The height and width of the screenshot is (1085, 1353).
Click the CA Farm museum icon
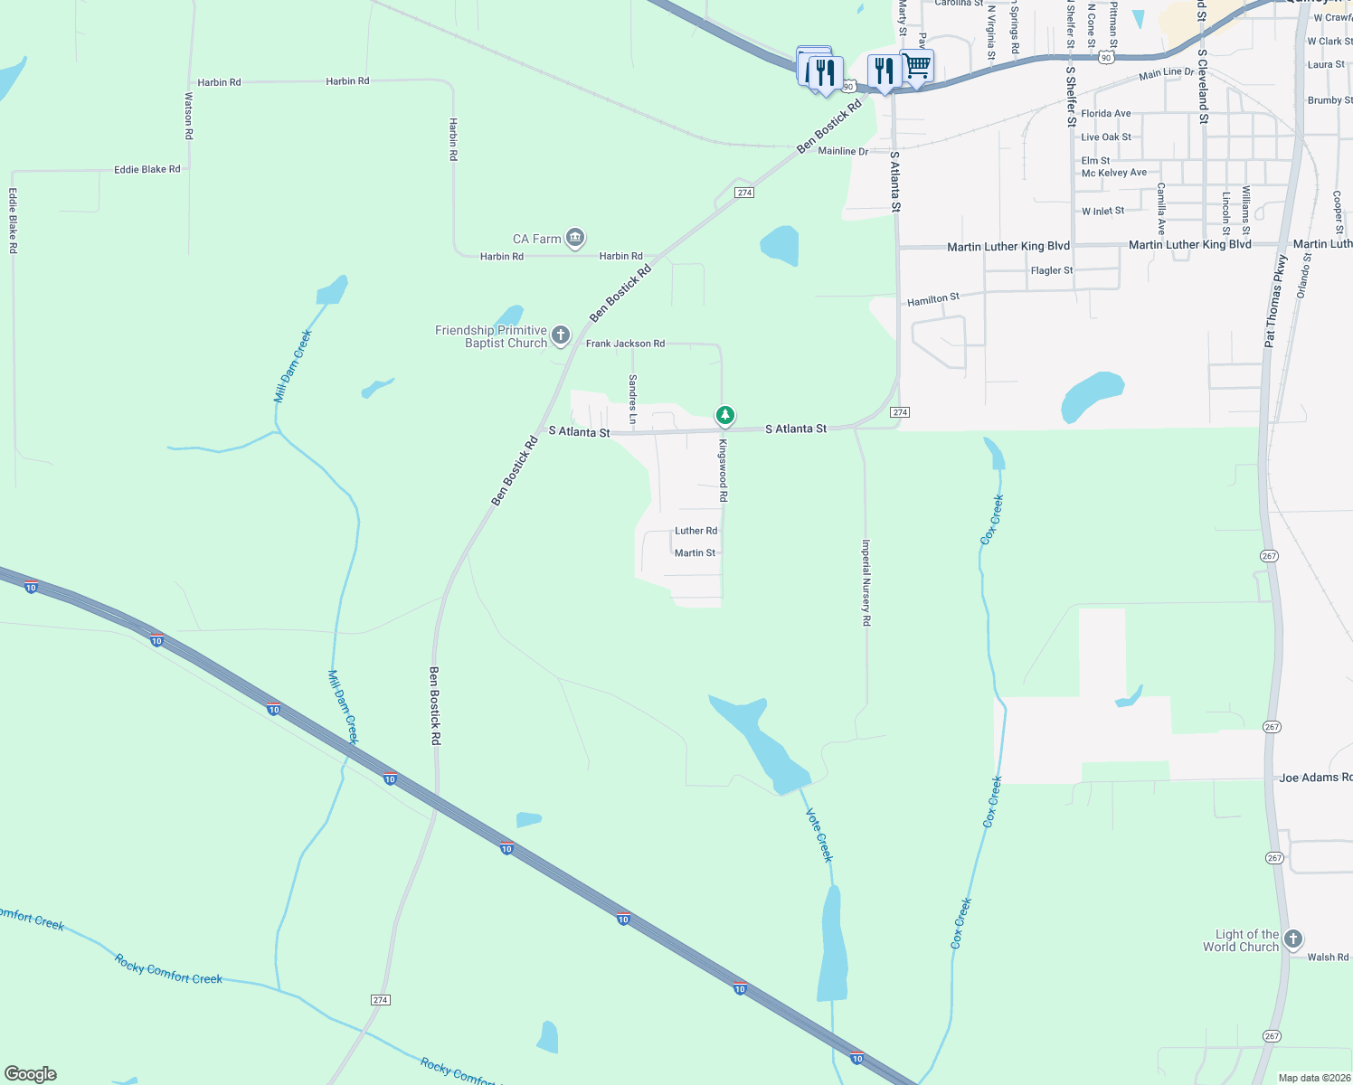point(575,239)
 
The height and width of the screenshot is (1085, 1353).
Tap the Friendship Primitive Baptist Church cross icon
point(561,336)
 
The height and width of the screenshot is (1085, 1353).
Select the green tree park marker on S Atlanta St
point(724,416)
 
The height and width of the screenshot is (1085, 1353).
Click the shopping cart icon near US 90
point(918,66)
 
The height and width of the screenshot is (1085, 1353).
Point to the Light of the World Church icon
point(1293,939)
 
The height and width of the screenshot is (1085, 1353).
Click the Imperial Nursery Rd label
point(866,583)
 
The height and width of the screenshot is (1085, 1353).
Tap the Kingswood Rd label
point(723,470)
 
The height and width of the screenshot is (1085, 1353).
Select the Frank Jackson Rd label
point(625,344)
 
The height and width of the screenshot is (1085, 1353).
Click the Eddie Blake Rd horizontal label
point(147,169)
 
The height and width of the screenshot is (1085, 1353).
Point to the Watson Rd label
point(189,115)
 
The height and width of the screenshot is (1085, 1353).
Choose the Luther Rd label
point(695,531)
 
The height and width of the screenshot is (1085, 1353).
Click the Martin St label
point(695,552)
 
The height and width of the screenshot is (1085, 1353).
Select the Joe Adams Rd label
point(1315,778)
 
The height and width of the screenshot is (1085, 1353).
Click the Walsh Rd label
point(1328,957)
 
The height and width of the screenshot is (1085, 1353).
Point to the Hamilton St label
point(932,298)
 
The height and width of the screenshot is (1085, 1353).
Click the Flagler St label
point(1052,270)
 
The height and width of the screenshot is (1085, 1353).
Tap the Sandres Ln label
point(632,399)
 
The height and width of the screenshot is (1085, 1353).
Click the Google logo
point(31,1074)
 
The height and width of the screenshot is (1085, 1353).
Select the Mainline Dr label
point(842,151)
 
